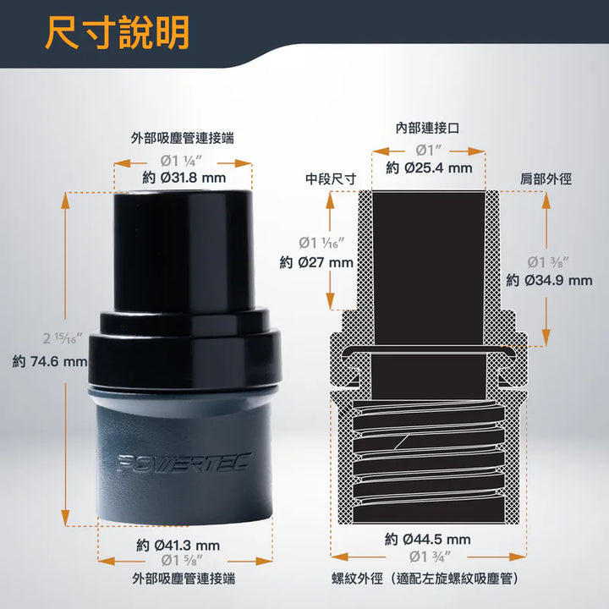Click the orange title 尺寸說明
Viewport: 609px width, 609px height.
pos(118,33)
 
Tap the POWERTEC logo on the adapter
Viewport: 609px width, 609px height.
pos(184,463)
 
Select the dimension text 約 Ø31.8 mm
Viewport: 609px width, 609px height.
pos(184,178)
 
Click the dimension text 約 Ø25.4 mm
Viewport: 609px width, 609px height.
pos(429,167)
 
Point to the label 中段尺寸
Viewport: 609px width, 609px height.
pos(331,179)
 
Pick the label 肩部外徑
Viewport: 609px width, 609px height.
pos(546,179)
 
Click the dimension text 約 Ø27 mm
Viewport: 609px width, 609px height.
pos(316,262)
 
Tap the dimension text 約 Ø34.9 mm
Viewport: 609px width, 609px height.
pos(549,281)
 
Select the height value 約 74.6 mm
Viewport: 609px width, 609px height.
pos(50,362)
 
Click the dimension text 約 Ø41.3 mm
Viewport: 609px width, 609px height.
pos(178,546)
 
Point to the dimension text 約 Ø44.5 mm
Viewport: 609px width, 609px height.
pos(428,539)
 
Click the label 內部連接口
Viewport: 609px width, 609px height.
pos(427,128)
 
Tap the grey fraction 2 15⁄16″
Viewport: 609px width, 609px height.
pos(62,338)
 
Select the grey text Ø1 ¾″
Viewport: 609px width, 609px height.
pos(430,557)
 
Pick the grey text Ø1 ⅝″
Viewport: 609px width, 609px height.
pos(182,561)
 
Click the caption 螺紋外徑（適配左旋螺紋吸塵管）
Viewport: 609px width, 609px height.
pos(425,579)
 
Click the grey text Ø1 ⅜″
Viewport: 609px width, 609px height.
pos(547,262)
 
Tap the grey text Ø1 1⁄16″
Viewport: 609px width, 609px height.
pos(321,243)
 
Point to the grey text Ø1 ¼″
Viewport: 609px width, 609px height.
pos(181,161)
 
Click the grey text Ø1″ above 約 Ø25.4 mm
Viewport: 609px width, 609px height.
pos(428,150)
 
